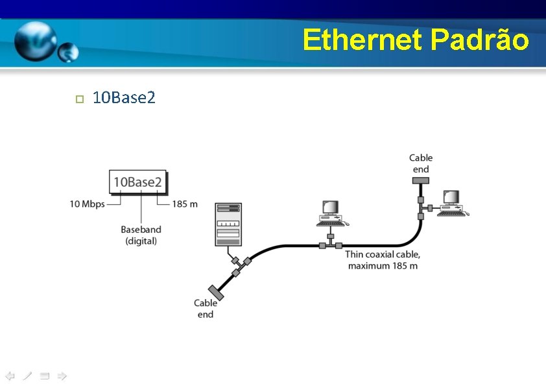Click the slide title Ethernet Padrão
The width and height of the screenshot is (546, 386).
(x=415, y=40)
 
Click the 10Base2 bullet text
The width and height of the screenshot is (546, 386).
(x=124, y=98)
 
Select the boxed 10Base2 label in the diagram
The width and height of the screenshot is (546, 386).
(x=137, y=182)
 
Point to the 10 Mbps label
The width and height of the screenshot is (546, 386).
(x=87, y=204)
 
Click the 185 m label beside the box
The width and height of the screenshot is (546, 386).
(x=185, y=204)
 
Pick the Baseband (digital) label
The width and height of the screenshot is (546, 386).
(x=141, y=235)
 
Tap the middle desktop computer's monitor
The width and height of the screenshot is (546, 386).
(x=330, y=208)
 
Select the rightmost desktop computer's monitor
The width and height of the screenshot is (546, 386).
(x=451, y=197)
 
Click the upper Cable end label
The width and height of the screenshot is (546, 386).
(x=421, y=163)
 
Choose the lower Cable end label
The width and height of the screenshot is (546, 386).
(x=206, y=308)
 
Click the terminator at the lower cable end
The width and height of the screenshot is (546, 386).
(x=215, y=293)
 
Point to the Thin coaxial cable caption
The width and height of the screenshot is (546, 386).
(x=383, y=260)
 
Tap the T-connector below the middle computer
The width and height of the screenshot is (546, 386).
(x=330, y=245)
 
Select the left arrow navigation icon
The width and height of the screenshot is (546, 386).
(x=10, y=376)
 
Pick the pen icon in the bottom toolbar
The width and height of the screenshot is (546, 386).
(x=27, y=376)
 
